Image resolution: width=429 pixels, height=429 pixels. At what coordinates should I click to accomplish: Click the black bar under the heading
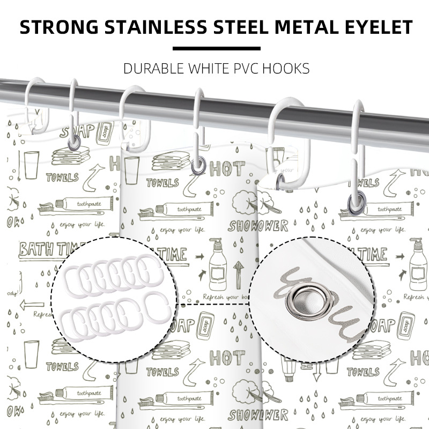click(x=214, y=48)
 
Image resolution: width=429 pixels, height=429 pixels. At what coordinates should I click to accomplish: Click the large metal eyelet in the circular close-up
click(x=304, y=297)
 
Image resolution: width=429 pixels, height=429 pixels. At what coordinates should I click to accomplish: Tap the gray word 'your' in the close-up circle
click(x=322, y=300)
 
